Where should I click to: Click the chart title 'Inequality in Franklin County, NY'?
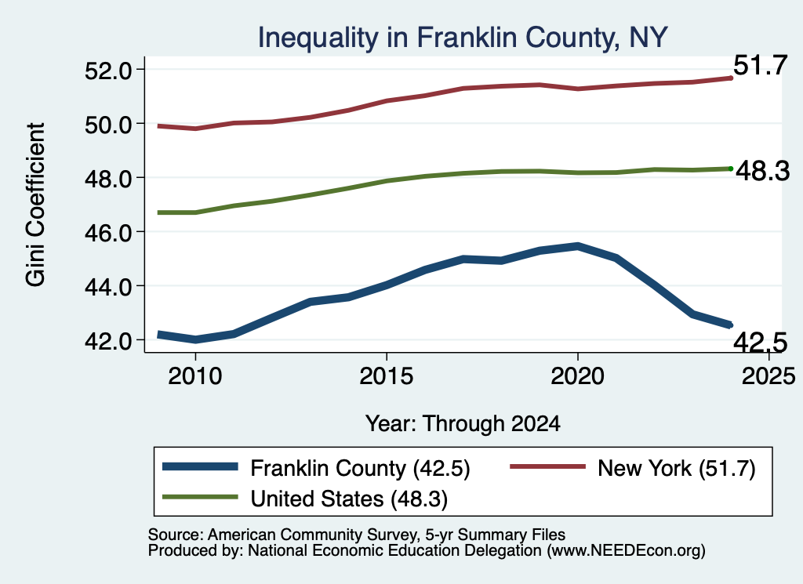(x=463, y=38)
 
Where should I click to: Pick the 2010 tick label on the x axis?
(x=194, y=376)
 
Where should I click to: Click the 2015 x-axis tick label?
(x=386, y=376)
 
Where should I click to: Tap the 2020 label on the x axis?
(x=577, y=376)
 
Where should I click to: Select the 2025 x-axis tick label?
(x=768, y=376)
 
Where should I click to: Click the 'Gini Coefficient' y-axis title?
(x=35, y=205)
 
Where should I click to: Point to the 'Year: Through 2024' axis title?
(x=463, y=424)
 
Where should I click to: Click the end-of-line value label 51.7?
(x=760, y=66)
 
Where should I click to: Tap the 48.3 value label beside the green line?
(x=763, y=171)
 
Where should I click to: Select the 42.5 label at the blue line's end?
(x=760, y=342)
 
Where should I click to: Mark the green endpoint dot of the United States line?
(x=731, y=169)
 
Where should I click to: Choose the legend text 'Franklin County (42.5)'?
(x=360, y=468)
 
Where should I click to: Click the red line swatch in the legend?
(x=547, y=466)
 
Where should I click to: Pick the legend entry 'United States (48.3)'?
(x=349, y=499)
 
